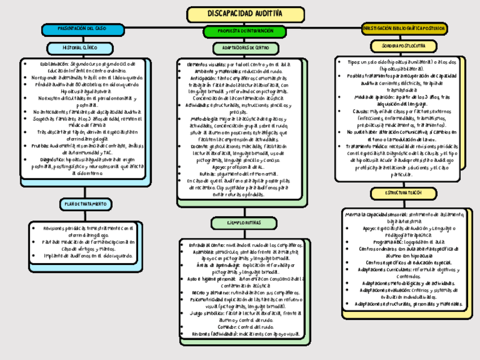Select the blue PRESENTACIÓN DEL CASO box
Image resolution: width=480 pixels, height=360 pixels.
82,28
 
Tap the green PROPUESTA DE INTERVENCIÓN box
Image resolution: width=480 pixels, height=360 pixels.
245,31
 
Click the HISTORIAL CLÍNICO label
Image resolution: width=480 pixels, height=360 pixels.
80,49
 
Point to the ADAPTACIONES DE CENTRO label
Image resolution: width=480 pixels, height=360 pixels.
246,49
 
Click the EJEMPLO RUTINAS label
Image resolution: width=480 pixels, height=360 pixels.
244,223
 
